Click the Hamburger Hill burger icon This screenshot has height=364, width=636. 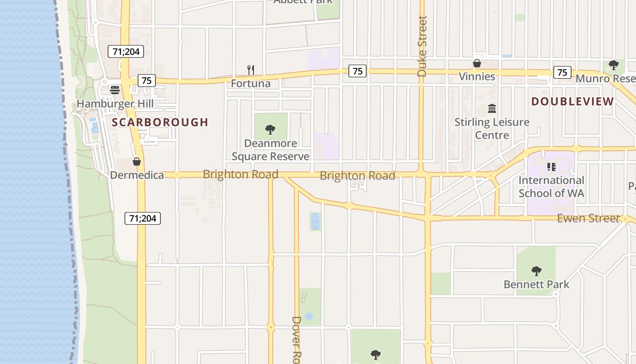(114, 90)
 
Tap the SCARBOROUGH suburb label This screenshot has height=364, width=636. (160, 122)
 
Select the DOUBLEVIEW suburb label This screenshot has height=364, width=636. (572, 101)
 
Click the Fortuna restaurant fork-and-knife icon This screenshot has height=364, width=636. (250, 70)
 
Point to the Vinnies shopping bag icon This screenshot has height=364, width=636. (477, 63)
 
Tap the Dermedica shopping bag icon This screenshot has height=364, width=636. (136, 161)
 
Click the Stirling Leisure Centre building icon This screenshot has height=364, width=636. (492, 108)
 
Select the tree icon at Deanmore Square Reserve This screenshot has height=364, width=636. (270, 130)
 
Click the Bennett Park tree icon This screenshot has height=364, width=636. (536, 271)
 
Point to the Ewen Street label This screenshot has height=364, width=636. (588, 218)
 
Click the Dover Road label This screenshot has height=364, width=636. (296, 339)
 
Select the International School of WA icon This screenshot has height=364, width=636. (552, 167)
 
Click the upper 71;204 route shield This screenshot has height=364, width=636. (126, 51)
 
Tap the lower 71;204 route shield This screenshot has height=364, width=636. (143, 218)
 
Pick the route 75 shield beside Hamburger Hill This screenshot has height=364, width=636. (146, 81)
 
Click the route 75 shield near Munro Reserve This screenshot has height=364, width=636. (562, 72)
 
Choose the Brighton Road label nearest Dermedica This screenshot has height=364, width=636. (240, 174)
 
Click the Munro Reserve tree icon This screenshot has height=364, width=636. (613, 65)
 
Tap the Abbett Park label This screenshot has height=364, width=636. (303, 1)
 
